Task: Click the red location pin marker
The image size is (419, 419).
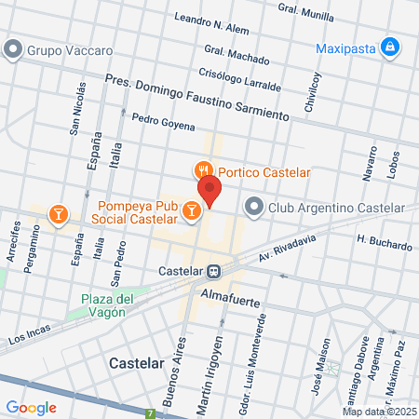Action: [209, 190]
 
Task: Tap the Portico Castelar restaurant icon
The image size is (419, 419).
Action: [201, 171]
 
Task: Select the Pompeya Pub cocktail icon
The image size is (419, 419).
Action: [191, 211]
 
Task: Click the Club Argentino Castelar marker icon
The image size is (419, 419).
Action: [253, 207]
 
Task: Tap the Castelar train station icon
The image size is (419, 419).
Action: [214, 270]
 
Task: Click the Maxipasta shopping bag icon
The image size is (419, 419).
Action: [392, 45]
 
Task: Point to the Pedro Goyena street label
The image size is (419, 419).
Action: [163, 121]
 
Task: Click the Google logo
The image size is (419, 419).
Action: [31, 407]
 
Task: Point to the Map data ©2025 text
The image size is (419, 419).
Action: [379, 412]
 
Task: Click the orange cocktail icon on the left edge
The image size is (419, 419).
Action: [58, 215]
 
